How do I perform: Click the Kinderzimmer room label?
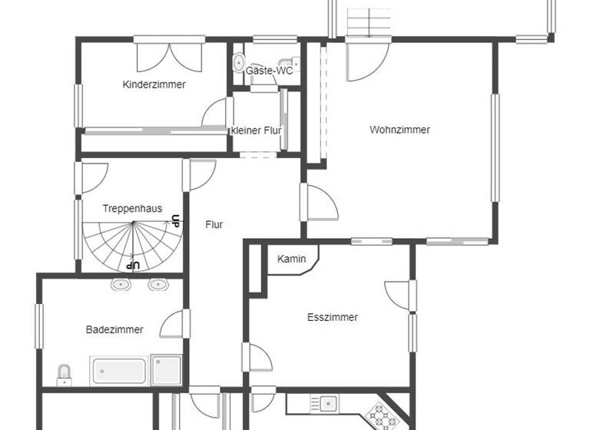point(154,84)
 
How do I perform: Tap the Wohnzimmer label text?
point(399,130)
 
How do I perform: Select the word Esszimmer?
point(332,317)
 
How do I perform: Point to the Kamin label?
point(292,259)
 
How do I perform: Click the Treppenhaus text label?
point(132,209)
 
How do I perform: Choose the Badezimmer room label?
point(114,329)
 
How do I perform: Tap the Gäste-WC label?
point(269,71)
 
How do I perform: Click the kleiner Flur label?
point(256,131)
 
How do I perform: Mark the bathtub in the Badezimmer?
point(120,370)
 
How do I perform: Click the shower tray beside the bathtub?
point(166,369)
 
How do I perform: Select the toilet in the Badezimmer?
point(65,374)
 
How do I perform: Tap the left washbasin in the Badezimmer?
point(120,285)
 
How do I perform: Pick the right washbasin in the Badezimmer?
point(158,285)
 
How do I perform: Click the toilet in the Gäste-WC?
point(239,61)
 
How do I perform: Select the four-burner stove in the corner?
point(380,417)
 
